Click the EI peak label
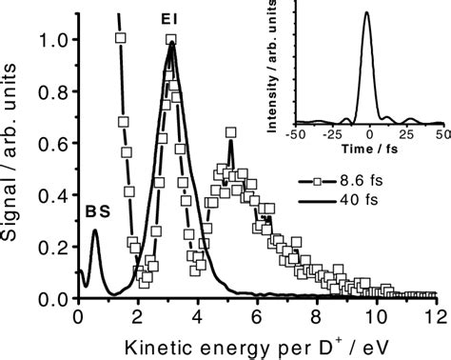(x=169, y=17)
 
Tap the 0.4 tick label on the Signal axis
(x=56, y=195)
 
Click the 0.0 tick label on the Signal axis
(x=56, y=298)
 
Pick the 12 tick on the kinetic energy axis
(x=434, y=316)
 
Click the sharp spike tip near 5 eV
(x=230, y=142)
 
